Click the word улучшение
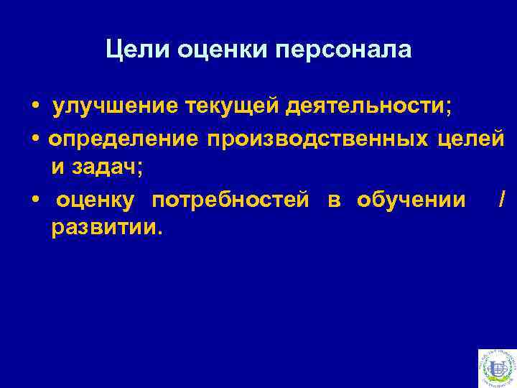(116, 107)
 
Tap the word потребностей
(230, 199)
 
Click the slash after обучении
(501, 198)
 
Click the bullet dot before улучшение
(34, 108)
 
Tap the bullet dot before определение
(34, 138)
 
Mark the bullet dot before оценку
(34, 198)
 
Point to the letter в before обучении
(334, 199)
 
